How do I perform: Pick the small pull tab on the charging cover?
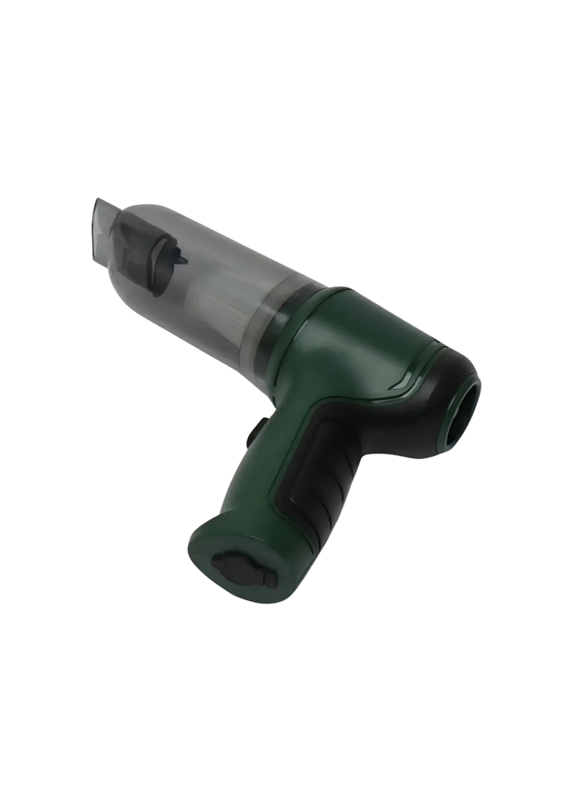270,579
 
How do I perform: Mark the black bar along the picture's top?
290,15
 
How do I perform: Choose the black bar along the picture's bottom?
290,773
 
